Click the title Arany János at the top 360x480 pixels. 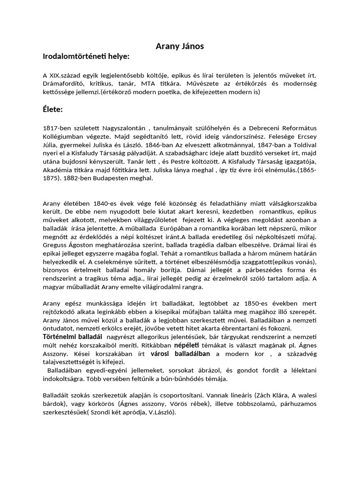pyautogui.click(x=180, y=46)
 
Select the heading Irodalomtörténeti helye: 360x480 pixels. pyautogui.click(x=86, y=56)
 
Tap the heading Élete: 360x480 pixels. pyautogui.click(x=52, y=110)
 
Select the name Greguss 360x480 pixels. pyautogui.click(x=56, y=245)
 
